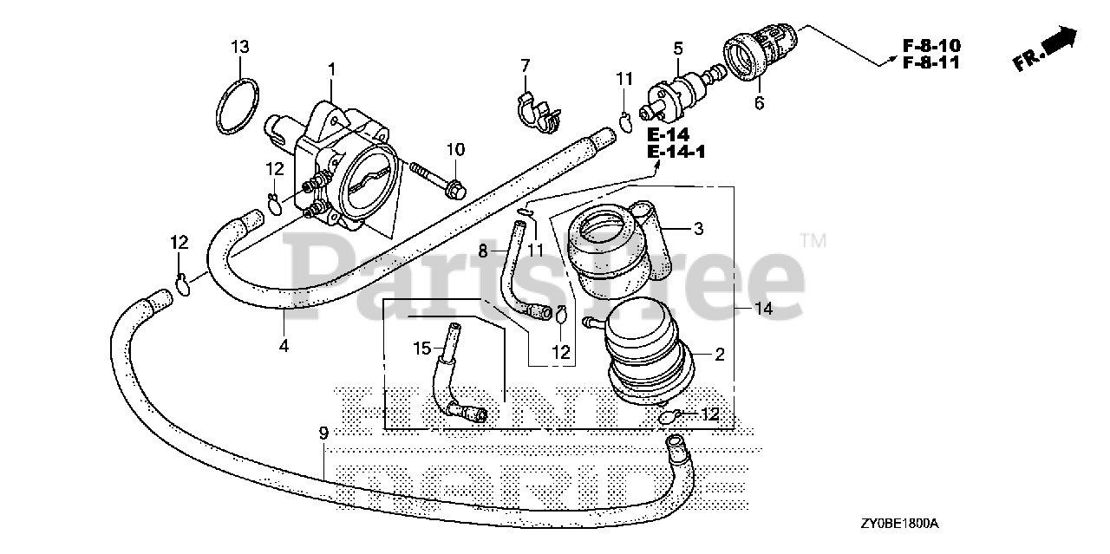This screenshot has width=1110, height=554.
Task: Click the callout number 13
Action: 240,46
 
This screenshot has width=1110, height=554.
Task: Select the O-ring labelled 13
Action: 237,108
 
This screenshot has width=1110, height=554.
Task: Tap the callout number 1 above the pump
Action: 331,68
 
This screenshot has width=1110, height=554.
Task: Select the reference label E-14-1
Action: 677,153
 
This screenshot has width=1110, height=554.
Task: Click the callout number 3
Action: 697,229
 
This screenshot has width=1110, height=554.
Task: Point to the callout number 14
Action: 763,309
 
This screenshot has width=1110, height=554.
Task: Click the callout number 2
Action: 719,354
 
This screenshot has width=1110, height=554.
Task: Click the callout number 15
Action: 422,349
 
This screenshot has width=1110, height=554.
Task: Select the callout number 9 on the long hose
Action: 323,433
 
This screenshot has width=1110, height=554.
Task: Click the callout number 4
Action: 284,346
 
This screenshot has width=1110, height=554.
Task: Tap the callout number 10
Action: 456,149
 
